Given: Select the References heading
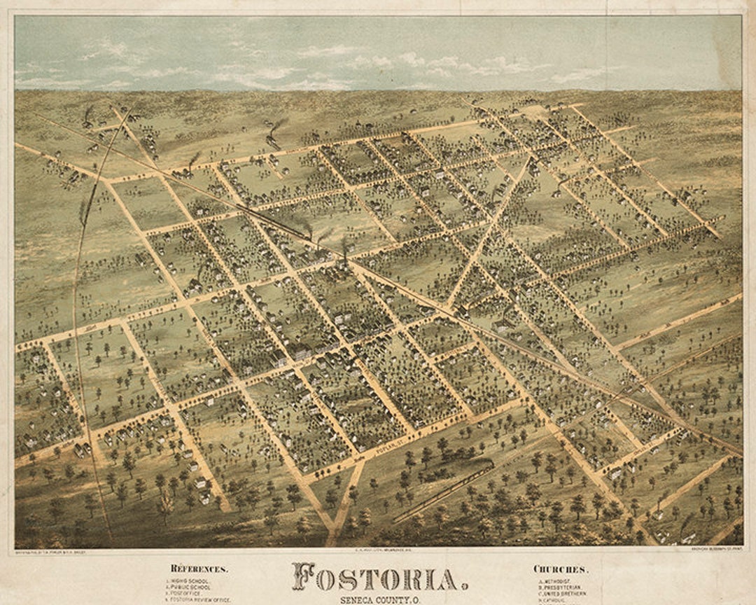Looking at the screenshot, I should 199,569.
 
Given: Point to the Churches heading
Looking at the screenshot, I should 561,569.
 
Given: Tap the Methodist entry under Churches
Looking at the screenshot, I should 560,581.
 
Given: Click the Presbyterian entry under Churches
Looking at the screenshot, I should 564,587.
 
